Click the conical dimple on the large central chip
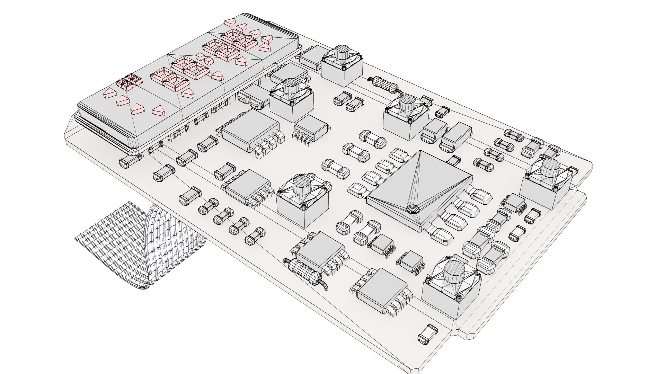pos(412,209)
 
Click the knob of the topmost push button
pos(342,53)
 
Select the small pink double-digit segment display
pos(129,81)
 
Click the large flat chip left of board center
pos(250,130)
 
